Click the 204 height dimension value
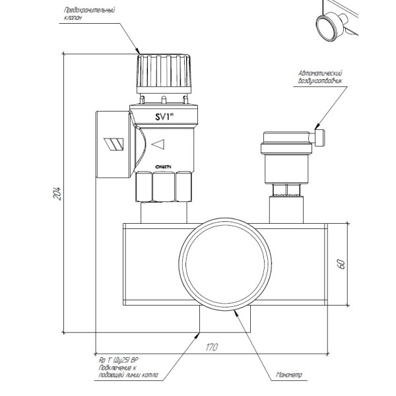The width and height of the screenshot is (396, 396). coord(57,193)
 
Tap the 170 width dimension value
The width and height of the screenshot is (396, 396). coord(211,346)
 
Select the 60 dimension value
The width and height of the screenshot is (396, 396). coord(341,263)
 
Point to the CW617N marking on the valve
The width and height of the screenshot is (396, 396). coord(162,167)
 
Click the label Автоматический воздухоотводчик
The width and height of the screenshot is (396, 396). coord(323,76)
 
